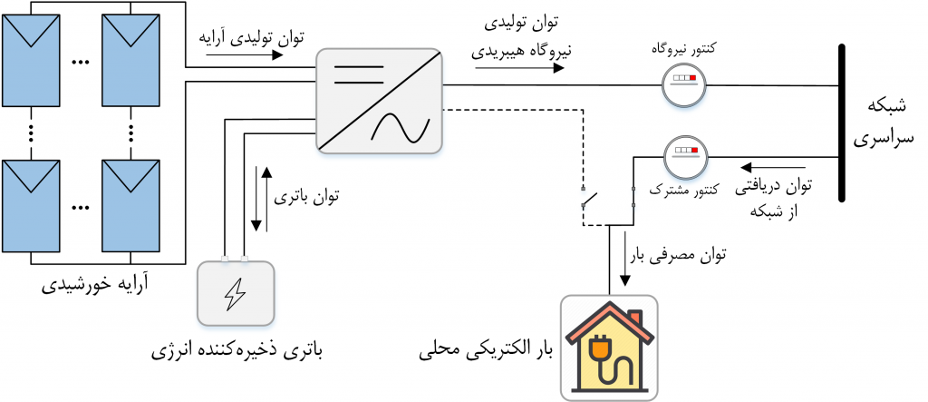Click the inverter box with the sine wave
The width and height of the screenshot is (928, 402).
point(380,101)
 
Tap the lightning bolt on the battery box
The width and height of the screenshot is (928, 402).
point(235,294)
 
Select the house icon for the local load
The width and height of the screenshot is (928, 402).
point(610,348)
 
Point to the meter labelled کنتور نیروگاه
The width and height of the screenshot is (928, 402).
point(683,84)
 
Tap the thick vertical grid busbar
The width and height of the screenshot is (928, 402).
point(842,123)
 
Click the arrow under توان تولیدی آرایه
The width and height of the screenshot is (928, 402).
point(245,55)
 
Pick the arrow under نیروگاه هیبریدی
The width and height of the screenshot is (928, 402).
point(519,68)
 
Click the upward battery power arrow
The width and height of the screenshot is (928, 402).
point(267,200)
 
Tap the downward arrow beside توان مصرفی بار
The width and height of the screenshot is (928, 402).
point(625,259)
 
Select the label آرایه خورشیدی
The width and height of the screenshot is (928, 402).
point(96,285)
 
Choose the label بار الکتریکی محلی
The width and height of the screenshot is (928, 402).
point(486,351)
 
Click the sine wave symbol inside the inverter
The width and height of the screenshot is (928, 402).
point(400,126)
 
